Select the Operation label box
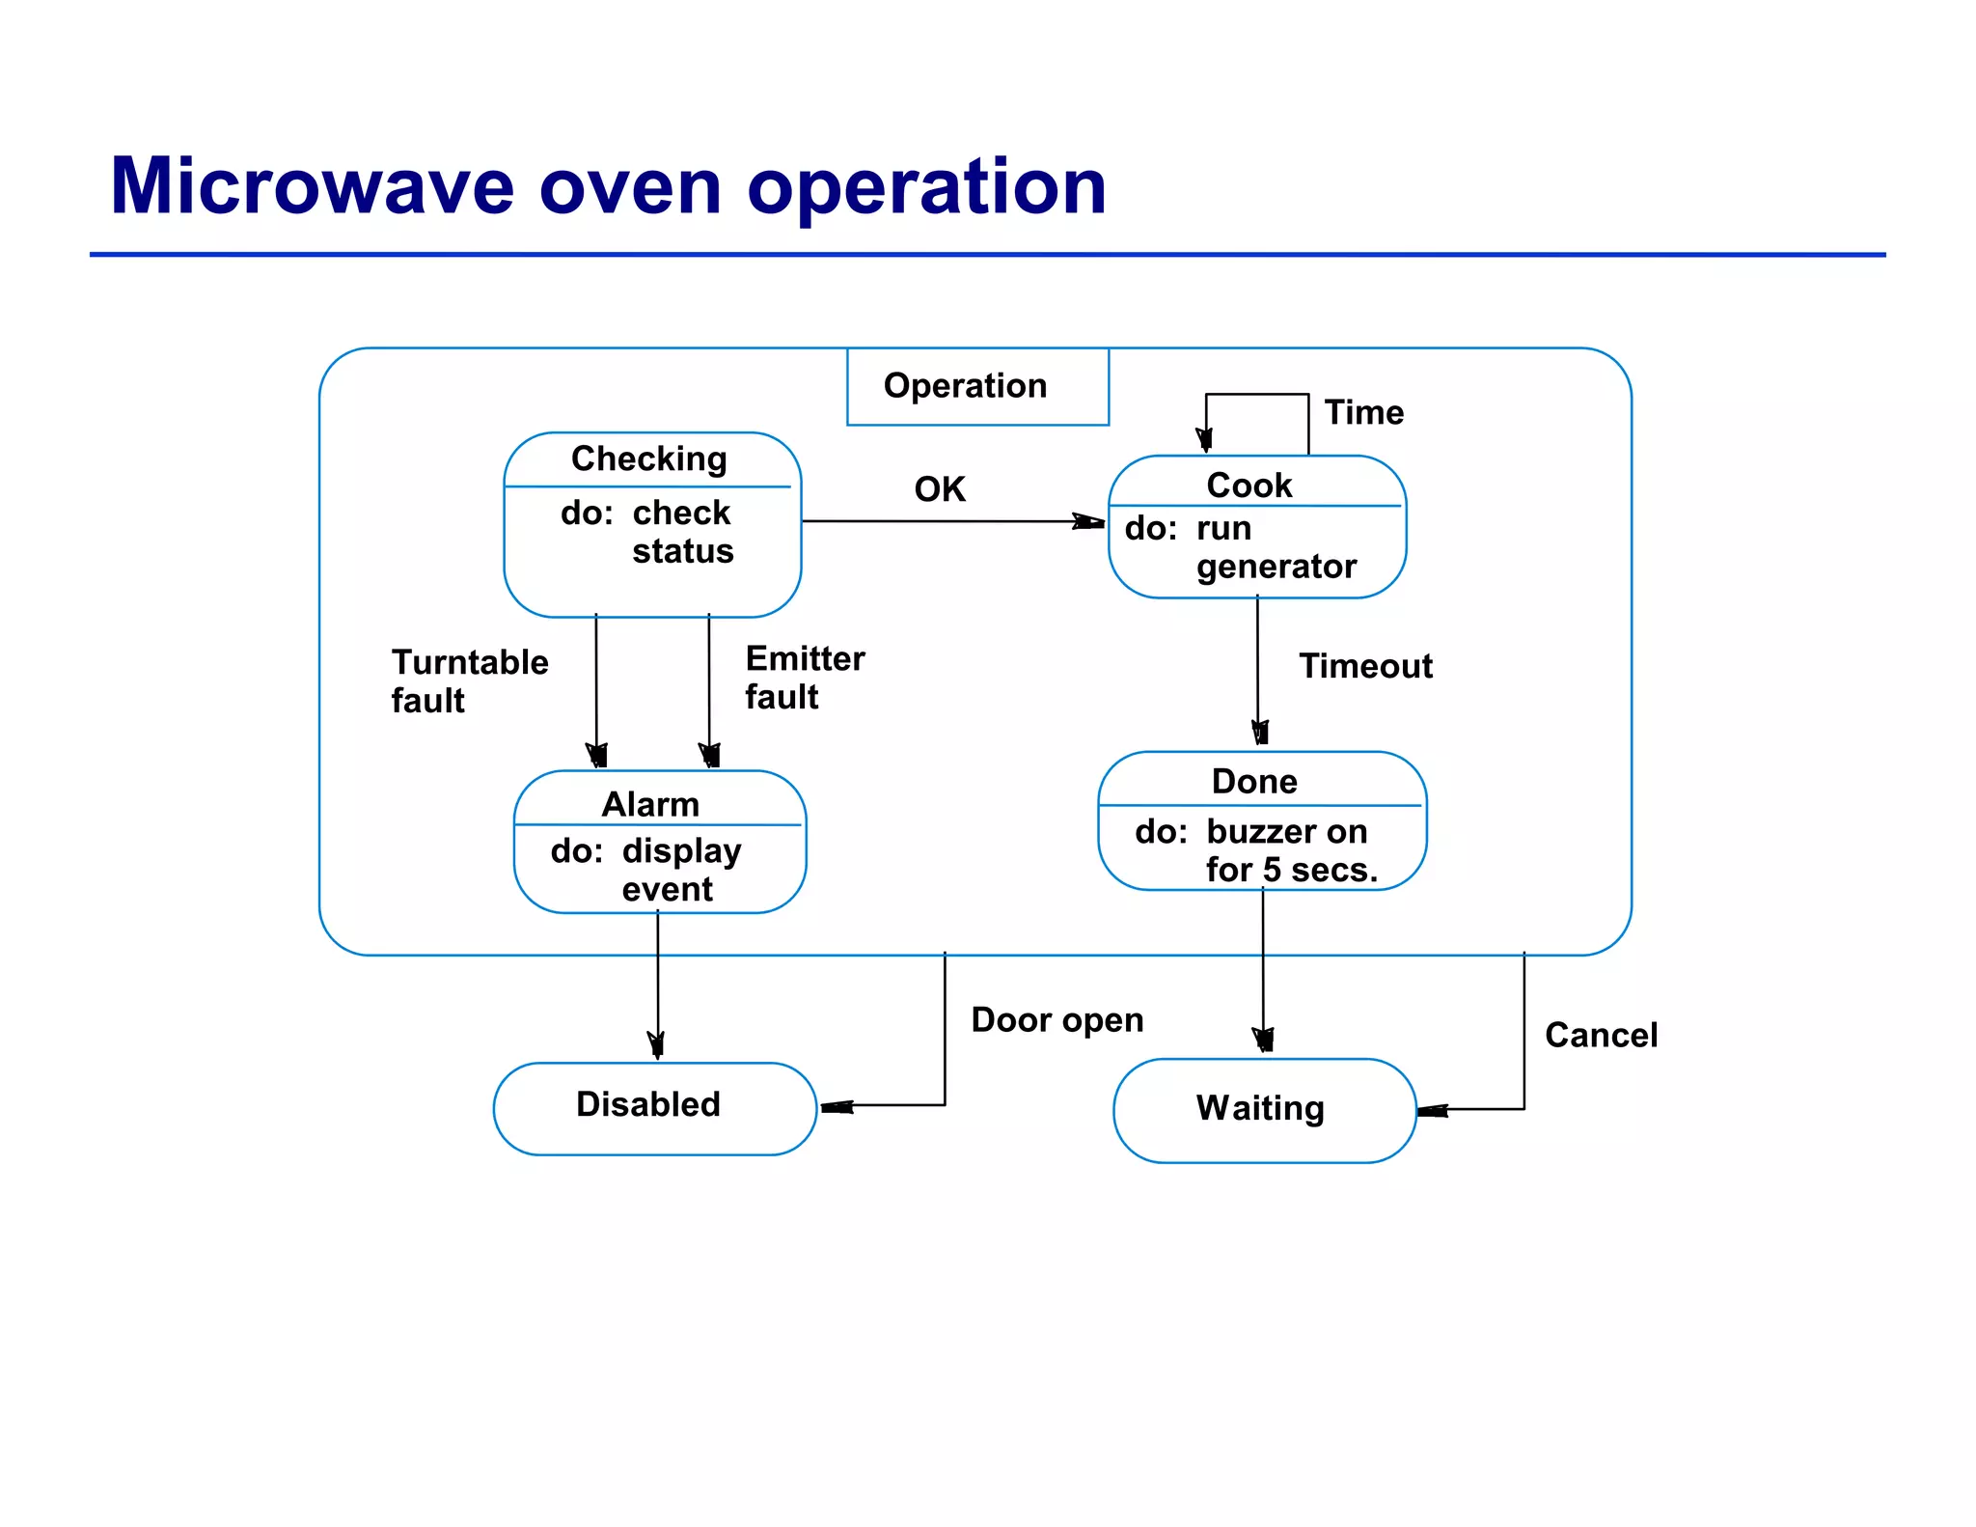tap(976, 386)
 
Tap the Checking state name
tap(648, 458)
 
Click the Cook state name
tap(1249, 485)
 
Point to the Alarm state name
tap(650, 804)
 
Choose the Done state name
tap(1254, 781)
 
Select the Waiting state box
tap(1263, 1109)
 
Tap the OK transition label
tap(940, 489)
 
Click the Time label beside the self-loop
tap(1363, 413)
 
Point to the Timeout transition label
tap(1365, 666)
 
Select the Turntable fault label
tap(469, 681)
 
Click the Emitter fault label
tap(804, 678)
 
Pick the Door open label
tap(1057, 1020)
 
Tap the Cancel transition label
tap(1601, 1036)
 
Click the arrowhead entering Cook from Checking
tap(1090, 522)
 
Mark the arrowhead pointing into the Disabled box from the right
tap(836, 1107)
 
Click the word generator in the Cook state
tap(1276, 567)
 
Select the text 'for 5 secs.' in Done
tap(1291, 871)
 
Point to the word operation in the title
tap(926, 188)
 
